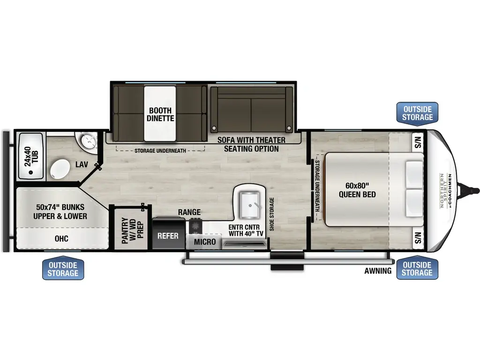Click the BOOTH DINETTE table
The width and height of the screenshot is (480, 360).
[x=161, y=114]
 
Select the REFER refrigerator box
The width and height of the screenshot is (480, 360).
[x=167, y=236]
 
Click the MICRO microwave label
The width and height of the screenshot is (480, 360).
[x=205, y=242]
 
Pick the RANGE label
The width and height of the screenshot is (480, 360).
[x=189, y=212]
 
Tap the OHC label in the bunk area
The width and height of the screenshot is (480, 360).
[x=61, y=239]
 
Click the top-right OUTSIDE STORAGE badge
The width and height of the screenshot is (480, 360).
[x=417, y=112]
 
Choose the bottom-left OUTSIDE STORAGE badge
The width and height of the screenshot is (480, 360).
[x=63, y=269]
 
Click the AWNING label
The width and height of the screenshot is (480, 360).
[x=378, y=270]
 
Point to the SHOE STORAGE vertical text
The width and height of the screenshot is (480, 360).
[x=271, y=214]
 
